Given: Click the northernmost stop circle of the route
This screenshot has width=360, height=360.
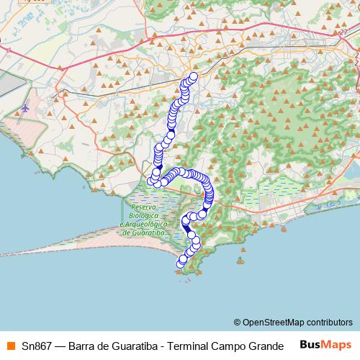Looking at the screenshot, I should pos(193,76).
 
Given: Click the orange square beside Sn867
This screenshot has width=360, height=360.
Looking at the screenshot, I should pos(9,343).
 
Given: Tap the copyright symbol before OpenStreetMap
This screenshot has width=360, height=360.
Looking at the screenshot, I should pos(237,322).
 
